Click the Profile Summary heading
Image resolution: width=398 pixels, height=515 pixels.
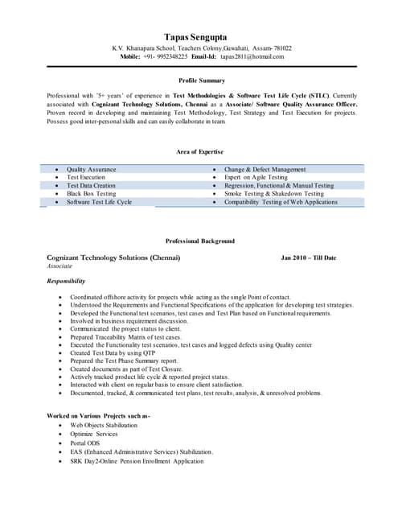tap(201, 81)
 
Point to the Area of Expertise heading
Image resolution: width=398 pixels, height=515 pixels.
tap(199, 152)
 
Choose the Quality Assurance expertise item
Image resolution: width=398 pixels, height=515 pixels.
tap(91, 170)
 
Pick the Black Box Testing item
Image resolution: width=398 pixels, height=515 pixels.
tap(91, 194)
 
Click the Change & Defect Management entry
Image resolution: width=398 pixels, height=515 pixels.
tap(265, 170)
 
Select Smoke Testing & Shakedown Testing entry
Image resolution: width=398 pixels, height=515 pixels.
tap(273, 194)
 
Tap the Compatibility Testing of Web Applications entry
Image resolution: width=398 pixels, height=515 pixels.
tap(281, 202)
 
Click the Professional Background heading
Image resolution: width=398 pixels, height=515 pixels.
tap(200, 241)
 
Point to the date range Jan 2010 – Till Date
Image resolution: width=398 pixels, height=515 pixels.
tap(308, 257)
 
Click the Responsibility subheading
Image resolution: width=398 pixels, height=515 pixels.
tap(66, 281)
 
